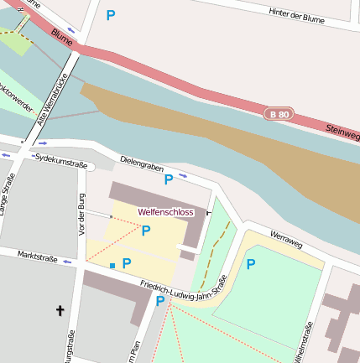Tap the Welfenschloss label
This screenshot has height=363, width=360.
point(165,212)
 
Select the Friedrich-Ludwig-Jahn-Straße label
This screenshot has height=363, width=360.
point(184,290)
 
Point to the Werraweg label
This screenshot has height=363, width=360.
point(284,241)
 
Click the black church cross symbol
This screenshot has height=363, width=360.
point(60,311)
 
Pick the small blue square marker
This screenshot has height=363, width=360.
point(112,266)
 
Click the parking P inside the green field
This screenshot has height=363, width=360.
point(250,264)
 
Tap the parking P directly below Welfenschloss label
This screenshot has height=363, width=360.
point(145,231)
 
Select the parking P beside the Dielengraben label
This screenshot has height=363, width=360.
point(168,179)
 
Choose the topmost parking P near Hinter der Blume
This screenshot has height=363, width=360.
point(111,14)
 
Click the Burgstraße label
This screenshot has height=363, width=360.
point(70,348)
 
